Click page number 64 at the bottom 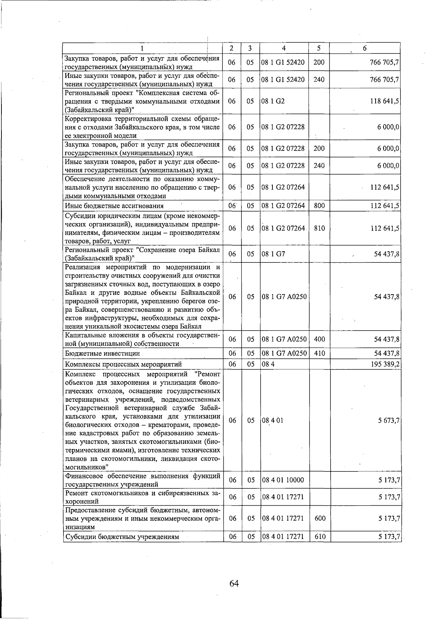coord(234,583)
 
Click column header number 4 coord(284,48)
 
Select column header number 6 coord(365,48)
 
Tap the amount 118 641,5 coord(384,101)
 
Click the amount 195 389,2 coord(384,364)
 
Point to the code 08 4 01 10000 coord(283,480)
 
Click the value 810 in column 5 coord(319,228)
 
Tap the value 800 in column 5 coord(319,206)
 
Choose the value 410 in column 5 coord(320,353)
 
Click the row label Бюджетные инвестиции coord(102,354)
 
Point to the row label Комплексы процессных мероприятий coord(123,364)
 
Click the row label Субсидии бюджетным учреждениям coord(122,537)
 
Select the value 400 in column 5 coord(320,339)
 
